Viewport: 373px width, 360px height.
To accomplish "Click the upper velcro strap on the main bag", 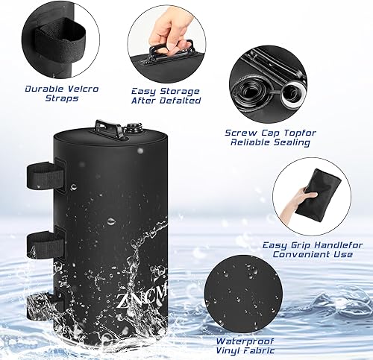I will point(46,177).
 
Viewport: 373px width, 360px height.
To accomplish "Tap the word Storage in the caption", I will point(171,89).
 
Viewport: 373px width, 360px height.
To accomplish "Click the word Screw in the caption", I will point(241,133).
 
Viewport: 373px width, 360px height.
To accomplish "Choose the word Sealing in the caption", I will point(295,143).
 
